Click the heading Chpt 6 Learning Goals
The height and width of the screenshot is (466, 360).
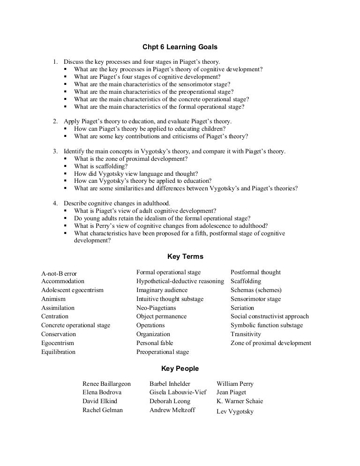(x=180, y=47)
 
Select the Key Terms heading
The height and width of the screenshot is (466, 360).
(x=185, y=256)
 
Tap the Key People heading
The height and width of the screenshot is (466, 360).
(x=180, y=368)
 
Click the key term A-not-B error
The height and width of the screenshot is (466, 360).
(x=59, y=273)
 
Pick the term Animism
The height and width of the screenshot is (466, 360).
(x=53, y=299)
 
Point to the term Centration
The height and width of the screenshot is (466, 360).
(x=55, y=316)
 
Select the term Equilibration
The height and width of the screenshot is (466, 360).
(x=58, y=352)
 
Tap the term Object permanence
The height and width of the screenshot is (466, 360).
(x=161, y=316)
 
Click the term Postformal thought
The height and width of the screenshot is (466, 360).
(x=255, y=272)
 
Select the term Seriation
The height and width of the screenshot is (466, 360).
(x=242, y=308)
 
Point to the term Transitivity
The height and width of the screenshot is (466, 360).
(x=246, y=334)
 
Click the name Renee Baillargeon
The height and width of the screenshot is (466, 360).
(x=106, y=383)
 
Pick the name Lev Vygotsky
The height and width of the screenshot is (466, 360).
(x=235, y=412)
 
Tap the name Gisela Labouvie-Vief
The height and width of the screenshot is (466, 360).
(x=178, y=392)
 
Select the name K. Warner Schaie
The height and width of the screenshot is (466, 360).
(x=240, y=401)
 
